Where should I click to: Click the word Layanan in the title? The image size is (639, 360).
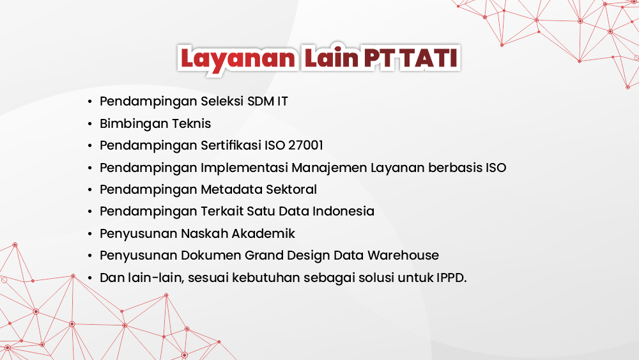[x=237, y=58]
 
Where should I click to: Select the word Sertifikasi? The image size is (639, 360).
[x=231, y=145]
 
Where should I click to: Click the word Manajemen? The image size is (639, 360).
[x=330, y=168]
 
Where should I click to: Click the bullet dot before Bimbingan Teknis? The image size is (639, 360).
[x=90, y=123]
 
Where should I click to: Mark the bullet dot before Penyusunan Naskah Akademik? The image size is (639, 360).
[x=90, y=233]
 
